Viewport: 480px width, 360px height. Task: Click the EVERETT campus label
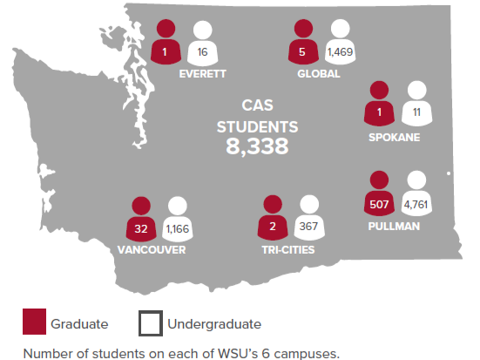pyautogui.click(x=202, y=74)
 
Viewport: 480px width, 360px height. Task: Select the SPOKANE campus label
pyautogui.click(x=394, y=137)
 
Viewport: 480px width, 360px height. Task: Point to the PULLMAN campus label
pyautogui.click(x=394, y=227)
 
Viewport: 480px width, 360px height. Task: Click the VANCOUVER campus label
pyautogui.click(x=150, y=249)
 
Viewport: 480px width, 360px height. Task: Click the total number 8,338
pyautogui.click(x=257, y=146)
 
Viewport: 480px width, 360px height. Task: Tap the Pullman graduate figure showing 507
pyautogui.click(x=378, y=206)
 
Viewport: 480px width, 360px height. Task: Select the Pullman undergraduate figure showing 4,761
pyautogui.click(x=416, y=206)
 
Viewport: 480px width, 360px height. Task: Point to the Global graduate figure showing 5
pyautogui.click(x=302, y=52)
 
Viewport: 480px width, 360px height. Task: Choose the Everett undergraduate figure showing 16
pyautogui.click(x=202, y=52)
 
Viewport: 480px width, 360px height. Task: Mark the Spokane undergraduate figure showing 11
pyautogui.click(x=416, y=112)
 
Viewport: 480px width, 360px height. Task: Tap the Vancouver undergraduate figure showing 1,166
pyautogui.click(x=178, y=228)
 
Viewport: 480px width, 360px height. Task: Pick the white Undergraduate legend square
pyautogui.click(x=150, y=323)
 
